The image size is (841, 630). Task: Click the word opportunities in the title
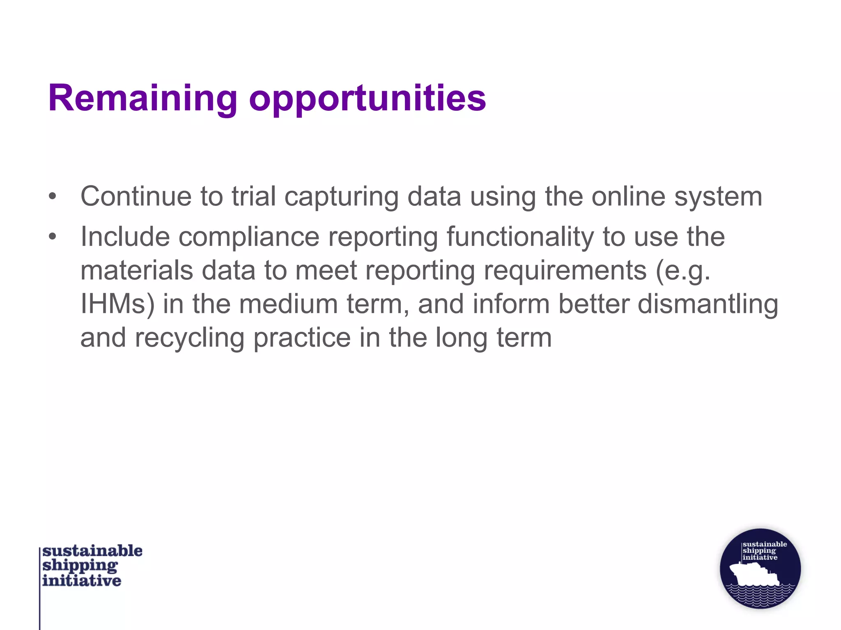[367, 98]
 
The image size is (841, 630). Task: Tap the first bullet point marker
[52, 196]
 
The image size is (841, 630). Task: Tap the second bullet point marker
[52, 237]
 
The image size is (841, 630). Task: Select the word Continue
[136, 196]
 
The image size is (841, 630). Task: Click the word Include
[125, 237]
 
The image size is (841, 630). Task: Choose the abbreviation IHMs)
[117, 304]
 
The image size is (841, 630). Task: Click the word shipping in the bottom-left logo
[80, 566]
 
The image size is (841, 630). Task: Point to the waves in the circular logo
[760, 595]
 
